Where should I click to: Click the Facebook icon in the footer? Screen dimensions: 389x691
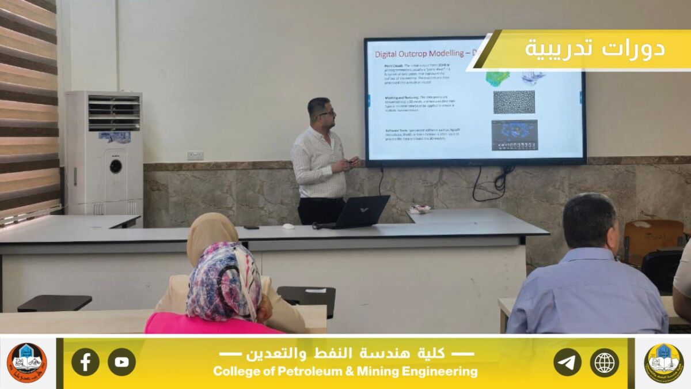click(x=85, y=362)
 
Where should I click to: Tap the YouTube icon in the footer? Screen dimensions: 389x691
click(x=122, y=362)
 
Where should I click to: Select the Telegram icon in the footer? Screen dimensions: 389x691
click(x=567, y=362)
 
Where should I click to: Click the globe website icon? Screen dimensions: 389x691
click(x=604, y=362)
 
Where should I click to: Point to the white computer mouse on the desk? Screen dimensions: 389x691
click(x=288, y=226)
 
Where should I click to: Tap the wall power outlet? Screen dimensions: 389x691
click(x=195, y=155)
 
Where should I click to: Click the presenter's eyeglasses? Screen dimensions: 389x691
click(x=326, y=113)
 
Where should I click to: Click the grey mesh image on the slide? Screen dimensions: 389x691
click(x=514, y=102)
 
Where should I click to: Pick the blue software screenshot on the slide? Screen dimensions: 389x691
click(x=514, y=135)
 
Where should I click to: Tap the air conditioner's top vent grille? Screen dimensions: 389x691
click(x=113, y=112)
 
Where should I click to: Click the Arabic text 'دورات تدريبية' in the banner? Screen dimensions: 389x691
click(x=594, y=48)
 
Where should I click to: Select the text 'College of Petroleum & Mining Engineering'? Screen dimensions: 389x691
click(x=345, y=372)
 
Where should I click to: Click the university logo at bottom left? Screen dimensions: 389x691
click(x=26, y=362)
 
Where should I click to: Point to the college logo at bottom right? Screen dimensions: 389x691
click(x=663, y=362)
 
